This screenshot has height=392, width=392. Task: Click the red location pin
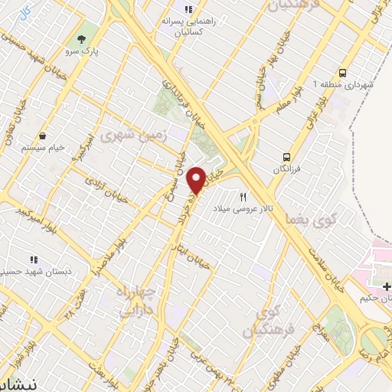point(197,179)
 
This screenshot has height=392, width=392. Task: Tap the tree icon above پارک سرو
point(81,38)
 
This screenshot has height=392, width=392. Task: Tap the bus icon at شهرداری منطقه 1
point(341,71)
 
